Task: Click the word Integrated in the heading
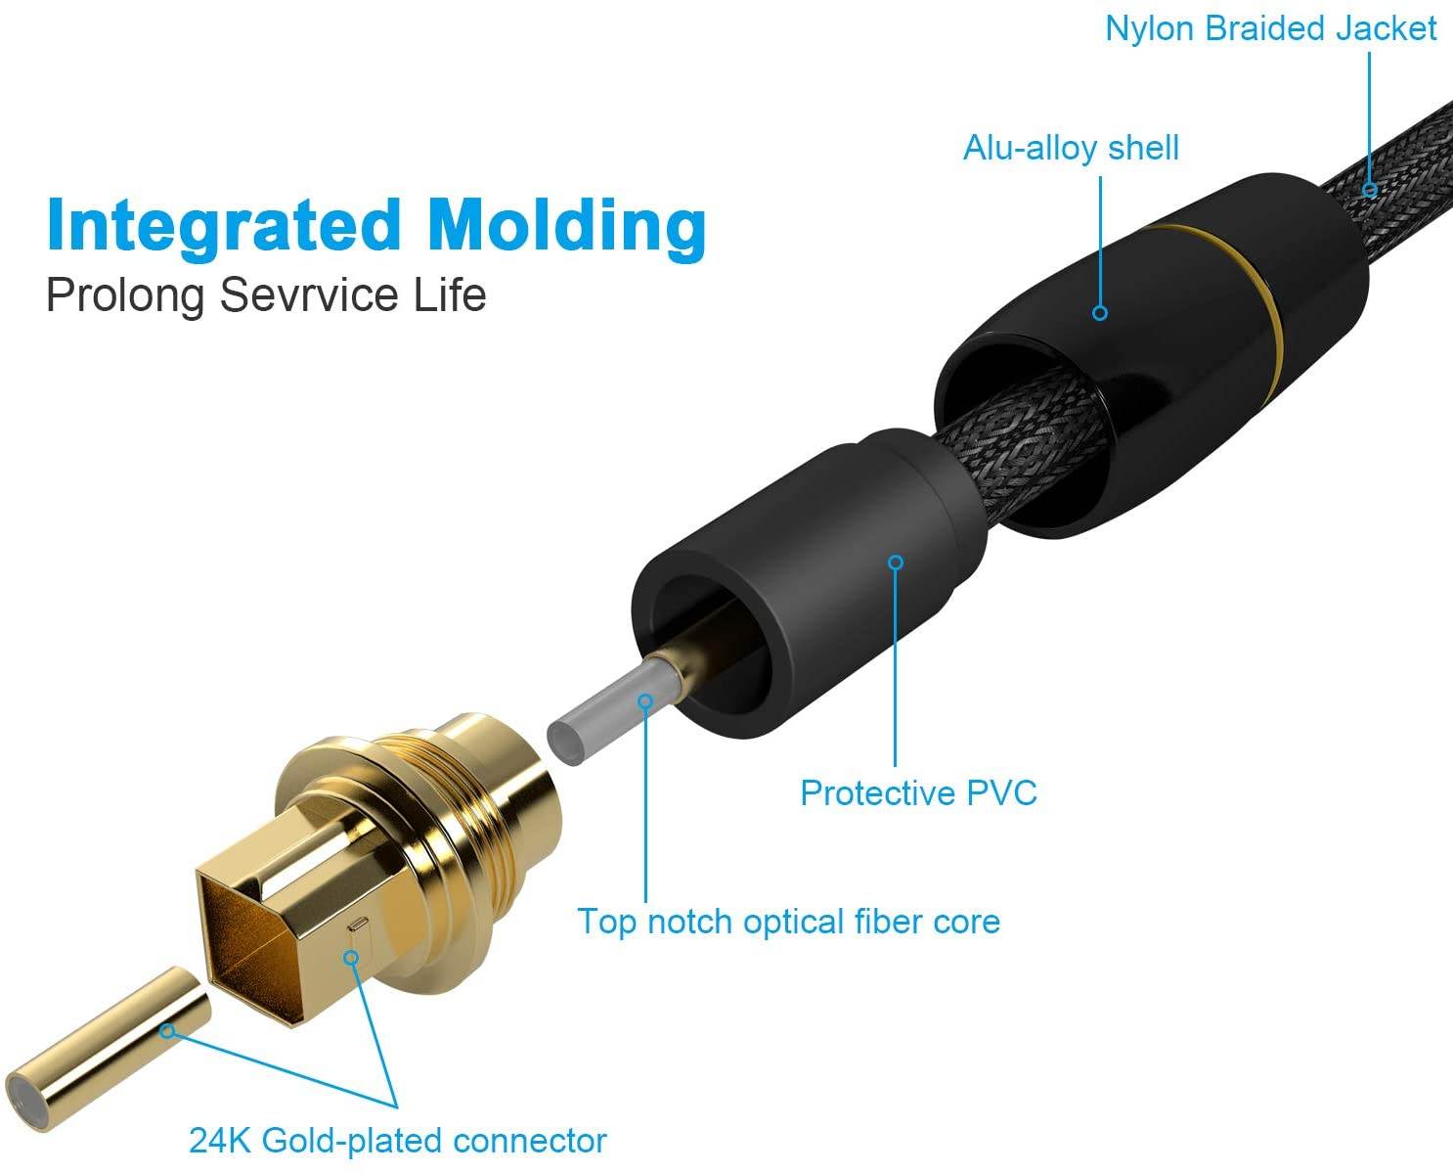pyautogui.click(x=224, y=225)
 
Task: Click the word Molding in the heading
pyautogui.click(x=567, y=225)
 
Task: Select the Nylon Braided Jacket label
pyautogui.click(x=1270, y=28)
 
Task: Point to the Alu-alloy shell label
pyautogui.click(x=1071, y=148)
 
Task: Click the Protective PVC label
pyautogui.click(x=918, y=792)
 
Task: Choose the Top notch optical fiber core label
pyautogui.click(x=788, y=922)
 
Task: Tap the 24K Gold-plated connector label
pyautogui.click(x=397, y=1141)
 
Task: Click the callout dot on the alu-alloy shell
pyautogui.click(x=1100, y=313)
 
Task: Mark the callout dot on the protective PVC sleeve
pyautogui.click(x=896, y=563)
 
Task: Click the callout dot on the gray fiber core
pyautogui.click(x=645, y=700)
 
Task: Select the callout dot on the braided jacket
pyautogui.click(x=1370, y=190)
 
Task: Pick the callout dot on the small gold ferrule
pyautogui.click(x=168, y=1030)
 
